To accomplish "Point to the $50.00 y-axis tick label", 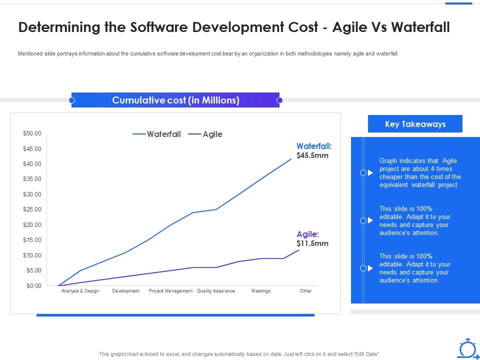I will click(x=32, y=133).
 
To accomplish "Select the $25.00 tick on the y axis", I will click(x=32, y=209).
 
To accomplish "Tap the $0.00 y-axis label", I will click(x=33, y=285).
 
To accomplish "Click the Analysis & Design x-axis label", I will click(x=80, y=291).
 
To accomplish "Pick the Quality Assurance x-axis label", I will click(x=216, y=291).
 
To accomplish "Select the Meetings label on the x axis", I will click(x=260, y=291).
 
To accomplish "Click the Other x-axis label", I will click(x=305, y=291).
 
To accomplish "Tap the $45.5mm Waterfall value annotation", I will click(x=312, y=155).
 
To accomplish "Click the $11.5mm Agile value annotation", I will click(x=312, y=243).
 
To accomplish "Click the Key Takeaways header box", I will click(x=415, y=124).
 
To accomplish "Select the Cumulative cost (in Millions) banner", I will click(x=175, y=100).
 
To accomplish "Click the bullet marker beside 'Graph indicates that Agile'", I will click(x=367, y=173).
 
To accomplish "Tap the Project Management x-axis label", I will click(x=170, y=291).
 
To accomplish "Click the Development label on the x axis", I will click(x=125, y=291).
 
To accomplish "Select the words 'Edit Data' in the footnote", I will click(x=366, y=354).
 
